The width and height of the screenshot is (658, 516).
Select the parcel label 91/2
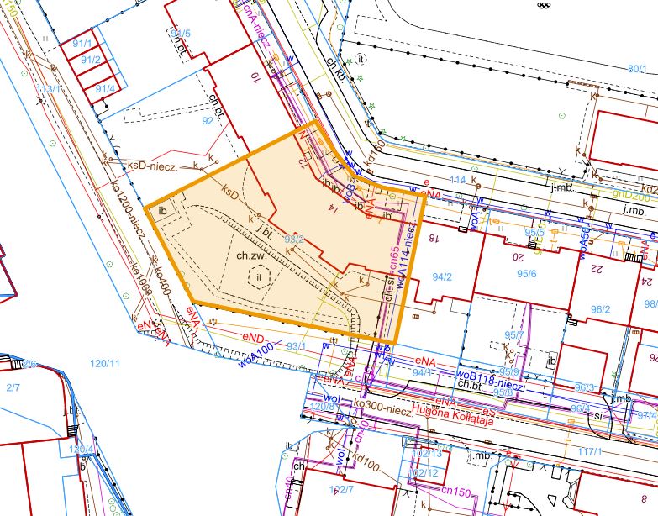[x=90, y=60]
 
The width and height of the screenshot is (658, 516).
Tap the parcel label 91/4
[x=105, y=88]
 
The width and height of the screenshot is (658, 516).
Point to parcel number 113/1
[x=48, y=88]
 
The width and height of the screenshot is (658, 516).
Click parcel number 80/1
[x=638, y=70]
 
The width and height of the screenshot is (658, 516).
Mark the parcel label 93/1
[x=295, y=345]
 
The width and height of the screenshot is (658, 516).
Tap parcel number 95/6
[x=527, y=274]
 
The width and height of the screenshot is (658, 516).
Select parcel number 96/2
[x=600, y=309]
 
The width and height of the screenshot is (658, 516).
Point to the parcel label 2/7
[x=12, y=387]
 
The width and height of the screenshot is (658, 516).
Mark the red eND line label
[x=253, y=337]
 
